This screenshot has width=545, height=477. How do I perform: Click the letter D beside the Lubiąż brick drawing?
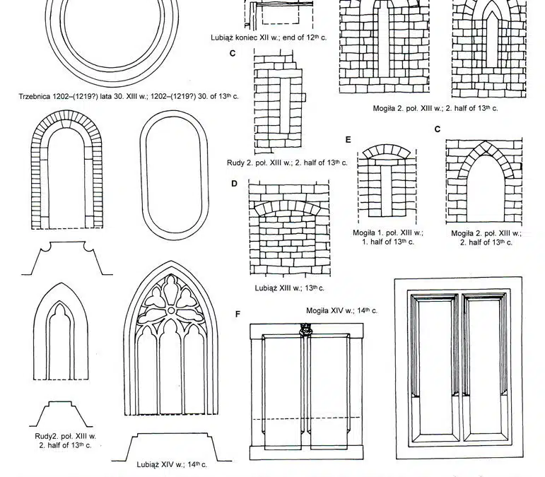click(234, 184)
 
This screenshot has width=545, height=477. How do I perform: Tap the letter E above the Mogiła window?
click(348, 139)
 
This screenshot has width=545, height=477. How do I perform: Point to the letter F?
click(238, 313)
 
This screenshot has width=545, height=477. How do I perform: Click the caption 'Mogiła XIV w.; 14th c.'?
click(341, 310)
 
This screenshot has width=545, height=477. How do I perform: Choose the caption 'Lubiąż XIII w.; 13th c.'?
click(289, 288)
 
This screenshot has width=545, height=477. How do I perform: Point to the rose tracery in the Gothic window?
click(174, 303)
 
